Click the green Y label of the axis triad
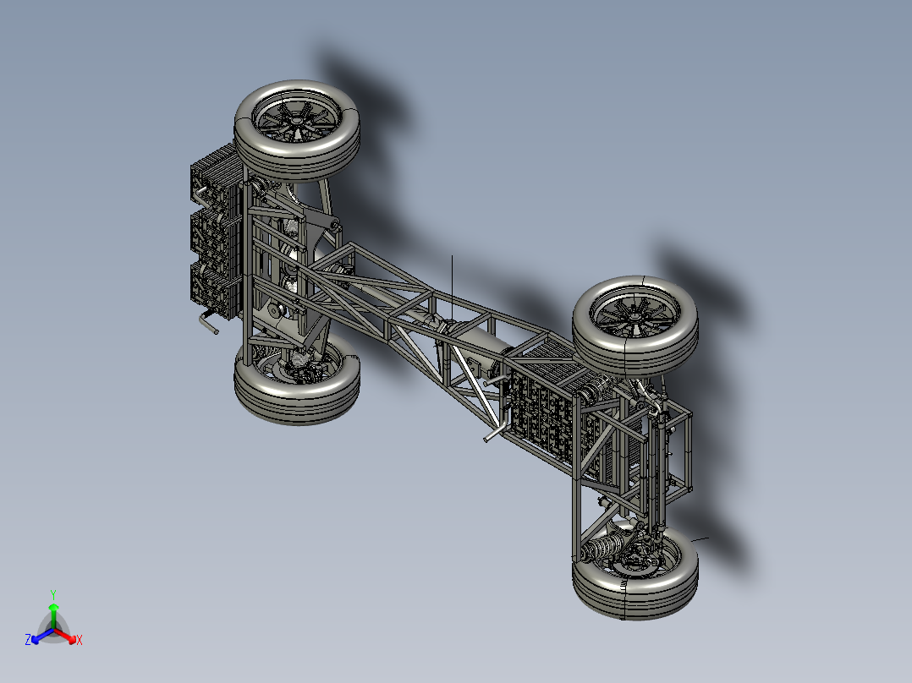pyautogui.click(x=53, y=594)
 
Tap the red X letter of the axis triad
pyautogui.click(x=80, y=641)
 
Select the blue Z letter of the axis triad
pyautogui.click(x=28, y=640)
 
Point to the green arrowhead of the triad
pyautogui.click(x=53, y=608)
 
